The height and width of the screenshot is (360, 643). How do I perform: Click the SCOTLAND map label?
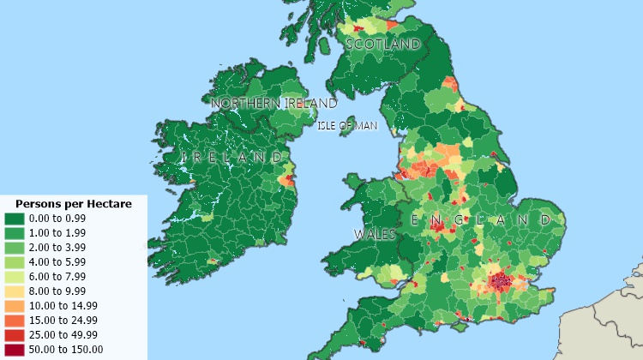(x=382, y=44)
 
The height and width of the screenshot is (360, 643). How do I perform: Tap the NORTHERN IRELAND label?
(x=273, y=104)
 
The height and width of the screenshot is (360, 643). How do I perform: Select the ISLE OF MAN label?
(x=347, y=126)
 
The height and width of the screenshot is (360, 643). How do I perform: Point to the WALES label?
(x=375, y=234)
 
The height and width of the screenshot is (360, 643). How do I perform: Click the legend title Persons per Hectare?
(x=74, y=204)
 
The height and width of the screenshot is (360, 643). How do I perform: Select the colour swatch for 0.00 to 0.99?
(x=15, y=219)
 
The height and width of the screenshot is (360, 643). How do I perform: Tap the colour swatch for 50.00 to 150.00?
(x=15, y=349)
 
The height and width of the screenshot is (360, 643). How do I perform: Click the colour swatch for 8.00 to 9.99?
(x=15, y=291)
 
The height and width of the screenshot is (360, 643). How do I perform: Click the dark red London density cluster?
(x=502, y=280)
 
